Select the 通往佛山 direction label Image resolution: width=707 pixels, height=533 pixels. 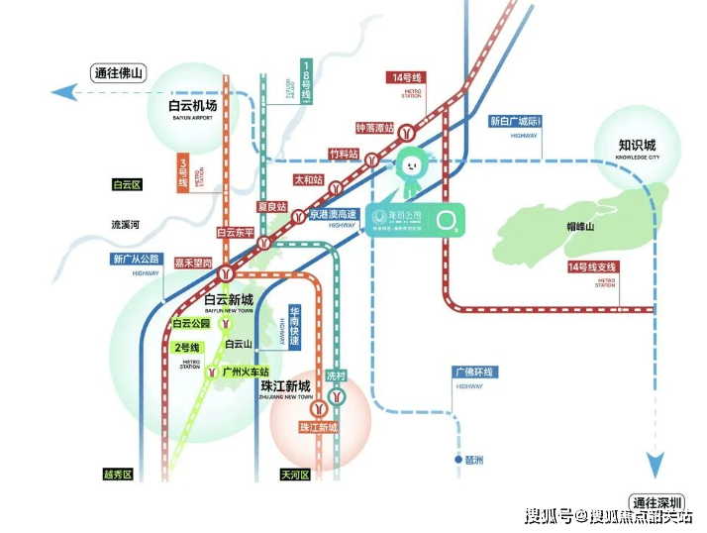[118, 73]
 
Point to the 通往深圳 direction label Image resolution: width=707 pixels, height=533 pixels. [660, 500]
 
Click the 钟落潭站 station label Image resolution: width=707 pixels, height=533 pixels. [375, 128]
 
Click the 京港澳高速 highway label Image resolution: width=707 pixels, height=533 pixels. [332, 213]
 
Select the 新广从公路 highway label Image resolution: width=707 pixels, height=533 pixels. [137, 259]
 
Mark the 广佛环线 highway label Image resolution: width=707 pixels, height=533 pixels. [473, 372]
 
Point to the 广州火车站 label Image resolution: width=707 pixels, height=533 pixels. [246, 372]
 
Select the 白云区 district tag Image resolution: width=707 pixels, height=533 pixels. [127, 184]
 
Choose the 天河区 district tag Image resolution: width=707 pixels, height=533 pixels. [295, 475]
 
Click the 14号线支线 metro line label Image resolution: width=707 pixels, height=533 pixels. [591, 267]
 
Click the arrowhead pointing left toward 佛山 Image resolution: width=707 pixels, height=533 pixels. [62, 92]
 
